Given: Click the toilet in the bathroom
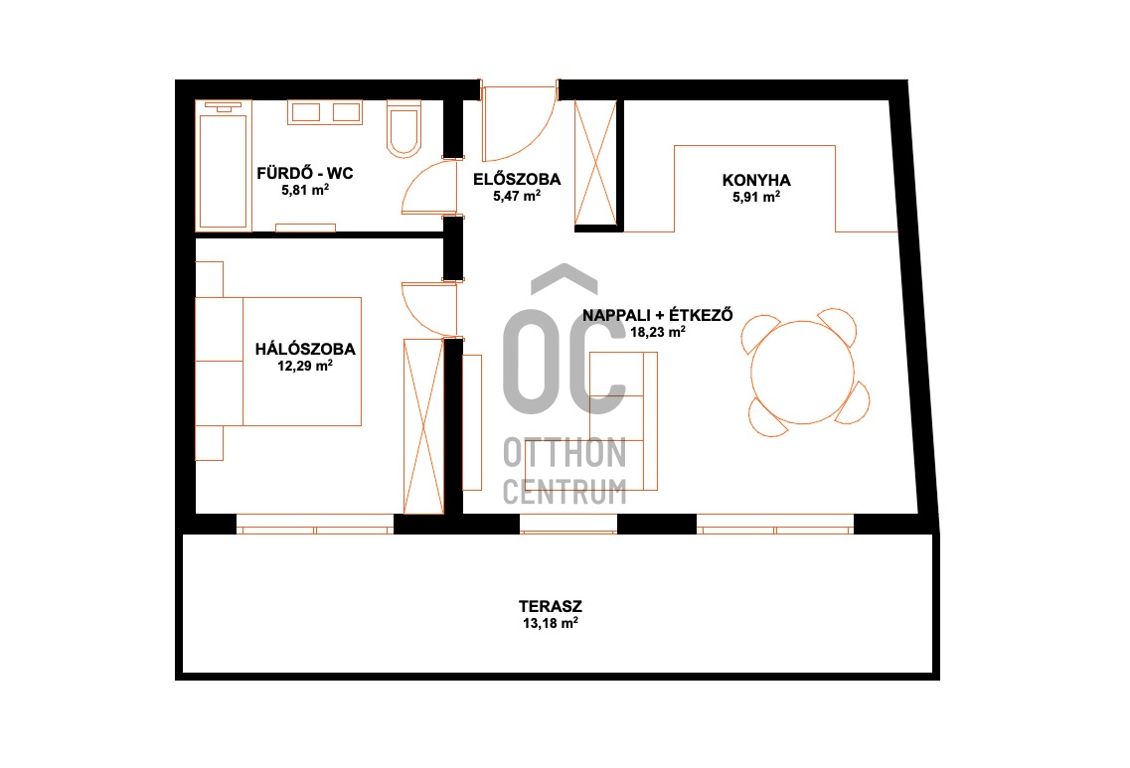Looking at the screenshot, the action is [x=404, y=129].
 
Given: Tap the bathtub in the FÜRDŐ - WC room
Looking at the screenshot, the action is [x=224, y=166].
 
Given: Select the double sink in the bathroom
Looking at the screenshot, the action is [x=325, y=112].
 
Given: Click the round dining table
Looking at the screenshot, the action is [x=802, y=373].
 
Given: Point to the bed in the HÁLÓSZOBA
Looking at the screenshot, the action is [x=302, y=361].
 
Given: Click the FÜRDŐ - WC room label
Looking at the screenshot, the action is [x=305, y=173].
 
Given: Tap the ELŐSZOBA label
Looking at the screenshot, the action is [x=517, y=179].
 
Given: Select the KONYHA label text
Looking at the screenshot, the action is [x=756, y=180].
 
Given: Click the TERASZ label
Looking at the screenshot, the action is [x=550, y=607].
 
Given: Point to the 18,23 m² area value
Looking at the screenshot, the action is [x=657, y=332].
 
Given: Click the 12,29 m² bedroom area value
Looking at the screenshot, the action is [x=305, y=366].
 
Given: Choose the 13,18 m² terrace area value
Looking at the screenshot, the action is [x=550, y=623].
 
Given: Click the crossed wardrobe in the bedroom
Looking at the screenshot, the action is [x=423, y=426].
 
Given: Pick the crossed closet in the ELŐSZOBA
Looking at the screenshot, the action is [x=596, y=163].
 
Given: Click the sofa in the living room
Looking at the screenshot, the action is [x=623, y=421].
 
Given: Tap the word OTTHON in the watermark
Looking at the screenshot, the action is [x=565, y=452].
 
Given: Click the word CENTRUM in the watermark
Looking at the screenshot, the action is [x=565, y=492].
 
